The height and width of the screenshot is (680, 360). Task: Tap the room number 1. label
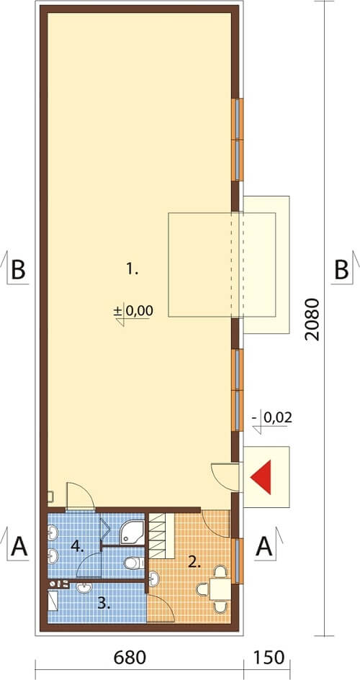click(x=132, y=270)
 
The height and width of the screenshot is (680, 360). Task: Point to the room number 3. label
click(x=104, y=604)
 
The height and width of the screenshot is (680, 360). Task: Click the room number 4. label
click(x=78, y=547)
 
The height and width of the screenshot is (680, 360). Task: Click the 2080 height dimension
click(x=312, y=319)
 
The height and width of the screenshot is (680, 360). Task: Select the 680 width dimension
click(x=130, y=658)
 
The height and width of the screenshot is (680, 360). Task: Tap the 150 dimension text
click(x=268, y=658)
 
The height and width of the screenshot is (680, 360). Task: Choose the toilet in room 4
click(x=134, y=563)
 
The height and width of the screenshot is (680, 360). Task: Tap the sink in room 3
click(x=84, y=588)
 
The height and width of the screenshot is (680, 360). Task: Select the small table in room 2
click(x=220, y=589)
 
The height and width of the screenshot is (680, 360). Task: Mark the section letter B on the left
click(x=18, y=271)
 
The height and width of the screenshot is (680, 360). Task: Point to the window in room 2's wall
click(x=238, y=561)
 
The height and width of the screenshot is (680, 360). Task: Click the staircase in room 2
click(x=161, y=535)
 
